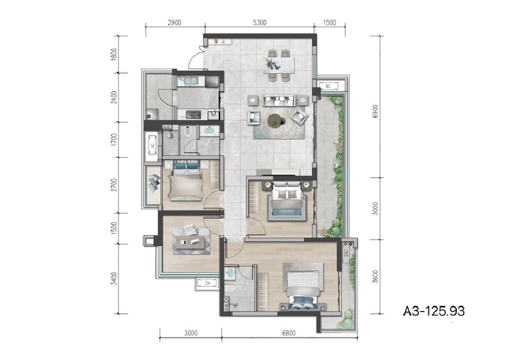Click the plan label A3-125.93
click(x=435, y=311)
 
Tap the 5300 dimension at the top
click(x=260, y=22)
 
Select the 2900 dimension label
click(x=175, y=22)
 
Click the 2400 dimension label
click(x=114, y=97)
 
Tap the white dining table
click(x=280, y=64)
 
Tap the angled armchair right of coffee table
click(x=299, y=116)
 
